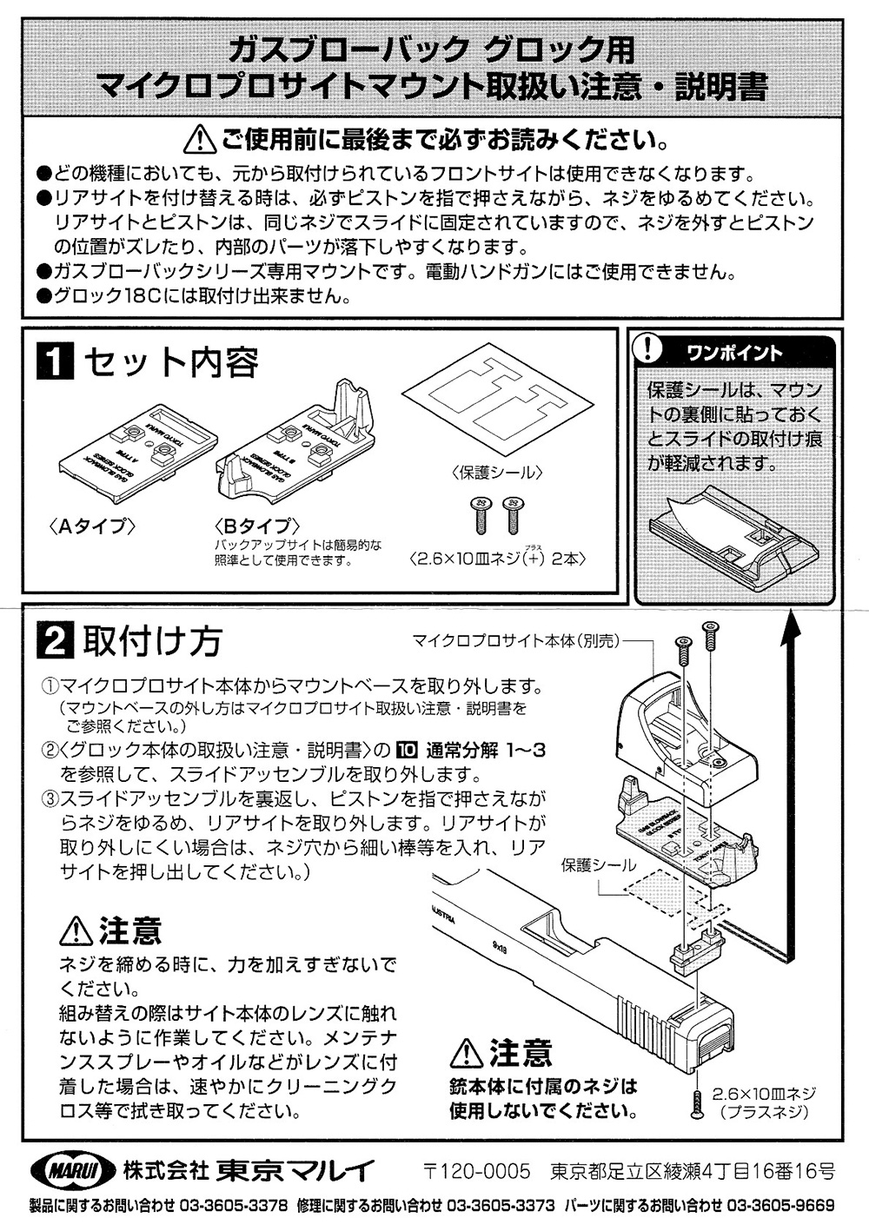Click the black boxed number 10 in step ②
[x=408, y=750]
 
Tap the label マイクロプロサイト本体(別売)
[x=515, y=641]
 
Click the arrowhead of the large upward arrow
[x=791, y=630]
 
